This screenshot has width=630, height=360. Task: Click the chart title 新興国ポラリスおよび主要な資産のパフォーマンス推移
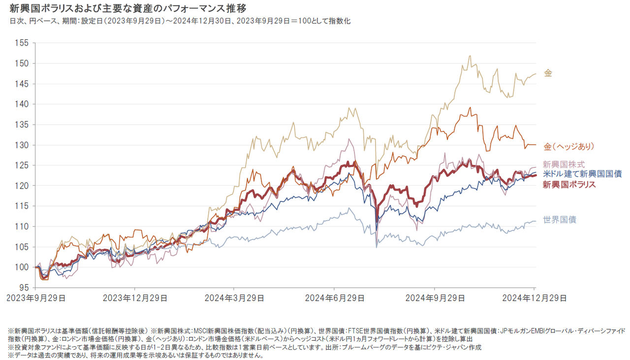pos(128,9)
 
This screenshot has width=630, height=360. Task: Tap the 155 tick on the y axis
pos(23,43)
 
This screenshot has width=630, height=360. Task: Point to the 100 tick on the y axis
pos(23,267)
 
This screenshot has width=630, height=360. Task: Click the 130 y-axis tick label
pos(23,145)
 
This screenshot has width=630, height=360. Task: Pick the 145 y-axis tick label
pos(23,84)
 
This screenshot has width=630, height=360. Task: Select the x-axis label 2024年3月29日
pos(234,298)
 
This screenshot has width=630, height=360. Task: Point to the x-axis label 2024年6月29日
pos(334,298)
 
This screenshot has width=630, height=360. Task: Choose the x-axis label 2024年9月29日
pos(435,298)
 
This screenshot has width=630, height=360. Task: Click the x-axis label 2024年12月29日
pos(535,298)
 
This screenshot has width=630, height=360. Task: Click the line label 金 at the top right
pos(548,73)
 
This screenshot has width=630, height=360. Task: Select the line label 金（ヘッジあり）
pos(569,146)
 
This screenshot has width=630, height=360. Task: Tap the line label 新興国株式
pos(564,164)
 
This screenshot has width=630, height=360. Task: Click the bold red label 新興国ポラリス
pos(569,185)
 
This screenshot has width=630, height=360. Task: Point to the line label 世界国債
pos(559,220)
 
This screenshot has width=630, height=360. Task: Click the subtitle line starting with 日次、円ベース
pos(180,21)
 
